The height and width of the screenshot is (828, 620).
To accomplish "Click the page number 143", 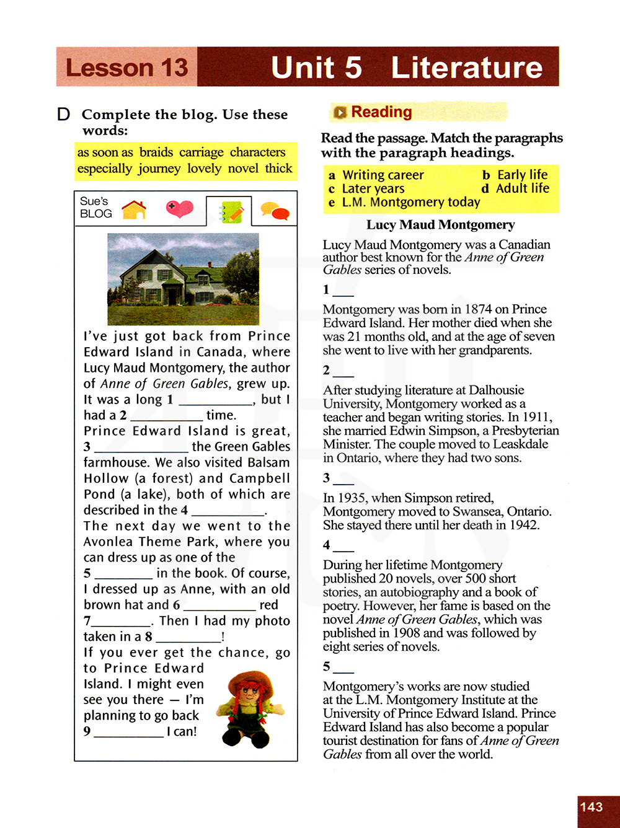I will coord(591,807).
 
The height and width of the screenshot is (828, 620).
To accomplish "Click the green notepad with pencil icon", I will coord(230,212).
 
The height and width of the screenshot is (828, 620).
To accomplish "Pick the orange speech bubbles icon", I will coord(275,211).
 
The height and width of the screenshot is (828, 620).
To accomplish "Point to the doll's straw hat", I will coord(250,681).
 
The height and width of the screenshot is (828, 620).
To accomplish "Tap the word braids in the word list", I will coord(156,152).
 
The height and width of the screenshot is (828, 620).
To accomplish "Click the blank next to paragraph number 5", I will coord(344,668).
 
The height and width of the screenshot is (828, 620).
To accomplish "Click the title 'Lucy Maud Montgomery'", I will coord(440,225).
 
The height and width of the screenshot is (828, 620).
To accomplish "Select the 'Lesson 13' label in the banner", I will coord(126,67).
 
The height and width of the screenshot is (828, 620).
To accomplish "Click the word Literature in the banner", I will coord(466,67).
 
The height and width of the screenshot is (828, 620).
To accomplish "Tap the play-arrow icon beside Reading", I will coord(340,112).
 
